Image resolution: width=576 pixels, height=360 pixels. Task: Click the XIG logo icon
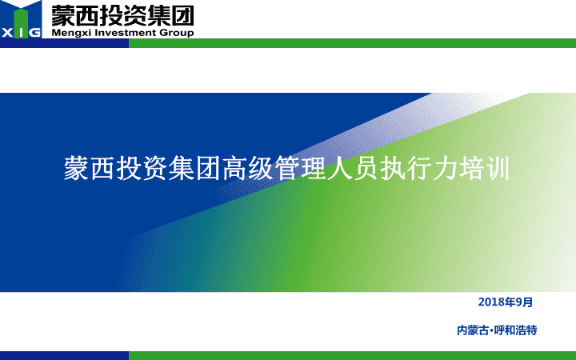pos(21,19)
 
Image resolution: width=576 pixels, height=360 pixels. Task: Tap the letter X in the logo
pos(7,33)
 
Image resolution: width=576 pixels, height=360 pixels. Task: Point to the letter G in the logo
pos(34,33)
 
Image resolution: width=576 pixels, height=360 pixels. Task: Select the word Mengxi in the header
pos(71,33)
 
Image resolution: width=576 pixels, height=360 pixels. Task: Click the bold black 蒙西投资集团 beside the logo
pos(122,15)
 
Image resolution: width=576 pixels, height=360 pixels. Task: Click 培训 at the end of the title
pos(484,169)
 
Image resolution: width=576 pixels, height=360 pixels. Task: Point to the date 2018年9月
pos(506,302)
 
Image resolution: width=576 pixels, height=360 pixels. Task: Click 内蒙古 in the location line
pos(473,330)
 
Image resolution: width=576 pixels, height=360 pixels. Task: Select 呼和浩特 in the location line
pos(515,330)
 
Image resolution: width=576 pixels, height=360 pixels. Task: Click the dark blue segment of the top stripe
pos(64,43)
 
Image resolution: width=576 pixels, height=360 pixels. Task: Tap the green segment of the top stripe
pos(352,43)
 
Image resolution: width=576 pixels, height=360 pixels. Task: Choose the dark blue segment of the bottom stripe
pos(64,355)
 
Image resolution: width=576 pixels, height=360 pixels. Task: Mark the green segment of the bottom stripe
pos(352,355)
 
